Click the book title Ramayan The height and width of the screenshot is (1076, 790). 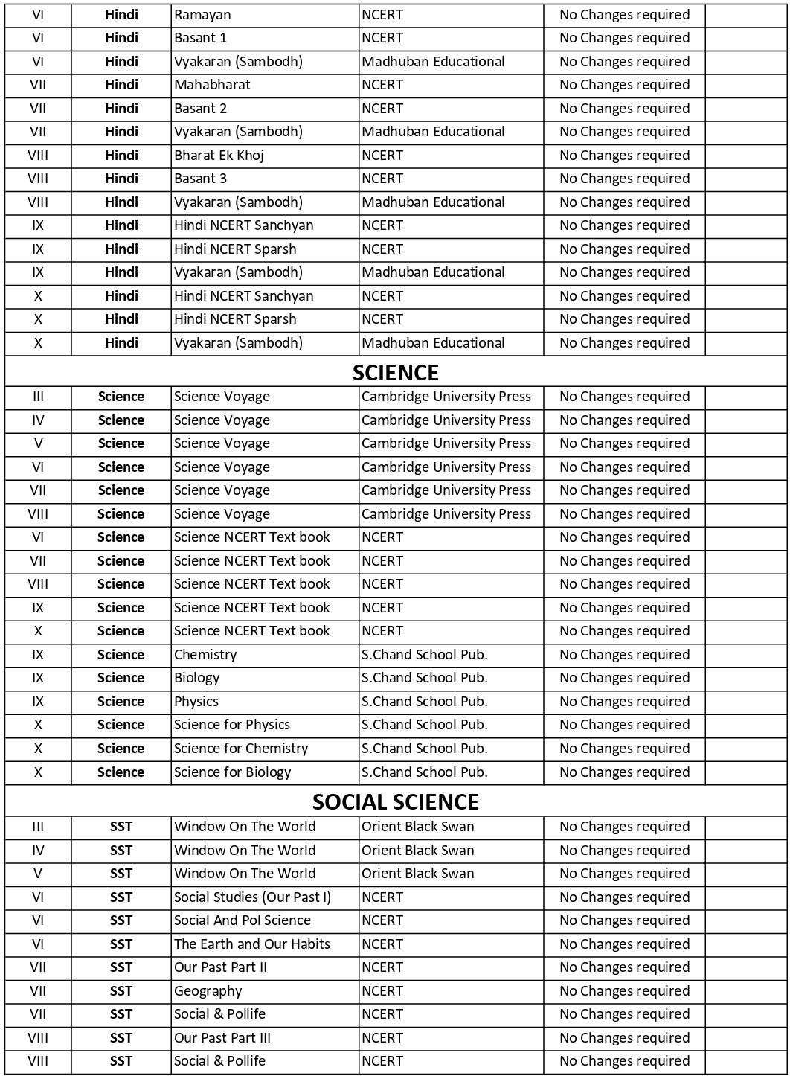[202, 15]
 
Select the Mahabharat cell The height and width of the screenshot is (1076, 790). [212, 85]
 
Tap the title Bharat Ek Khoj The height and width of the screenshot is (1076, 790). [219, 156]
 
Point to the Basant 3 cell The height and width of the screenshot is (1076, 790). [200, 179]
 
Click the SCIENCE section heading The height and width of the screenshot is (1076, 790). [395, 372]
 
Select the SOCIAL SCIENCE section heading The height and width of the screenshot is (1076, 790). [395, 801]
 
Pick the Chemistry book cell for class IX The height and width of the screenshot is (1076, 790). [205, 655]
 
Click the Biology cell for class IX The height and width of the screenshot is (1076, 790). [196, 678]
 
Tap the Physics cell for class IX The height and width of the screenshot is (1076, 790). [196, 702]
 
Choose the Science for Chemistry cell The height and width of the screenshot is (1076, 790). [240, 749]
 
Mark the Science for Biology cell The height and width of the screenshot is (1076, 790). [232, 772]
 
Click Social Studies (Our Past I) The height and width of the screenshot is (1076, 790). [252, 897]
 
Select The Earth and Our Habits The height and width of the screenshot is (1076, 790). [251, 944]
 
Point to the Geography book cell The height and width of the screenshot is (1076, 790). [208, 991]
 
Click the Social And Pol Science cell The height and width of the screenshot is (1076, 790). [242, 920]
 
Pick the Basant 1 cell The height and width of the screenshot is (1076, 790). [200, 38]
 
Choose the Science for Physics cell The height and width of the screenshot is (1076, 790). [231, 725]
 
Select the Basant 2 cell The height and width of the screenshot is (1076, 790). [200, 109]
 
